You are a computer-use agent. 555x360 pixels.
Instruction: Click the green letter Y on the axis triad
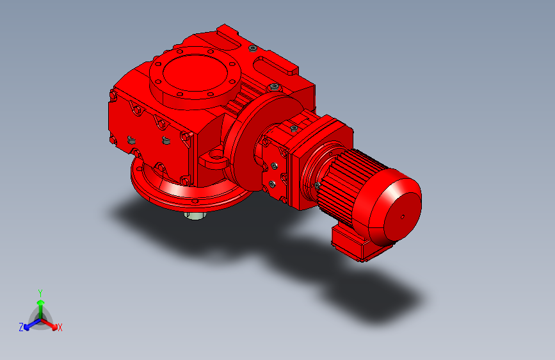point(40,293)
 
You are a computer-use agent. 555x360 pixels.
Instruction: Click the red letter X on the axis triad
point(60,327)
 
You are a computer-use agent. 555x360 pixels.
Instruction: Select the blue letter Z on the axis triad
point(21,327)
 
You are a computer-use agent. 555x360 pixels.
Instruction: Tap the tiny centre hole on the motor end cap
point(403,217)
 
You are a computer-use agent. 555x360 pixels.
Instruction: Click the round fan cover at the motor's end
point(395,208)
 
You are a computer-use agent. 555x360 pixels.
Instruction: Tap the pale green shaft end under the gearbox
point(195,215)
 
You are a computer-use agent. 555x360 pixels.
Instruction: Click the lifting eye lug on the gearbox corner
point(214,158)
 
